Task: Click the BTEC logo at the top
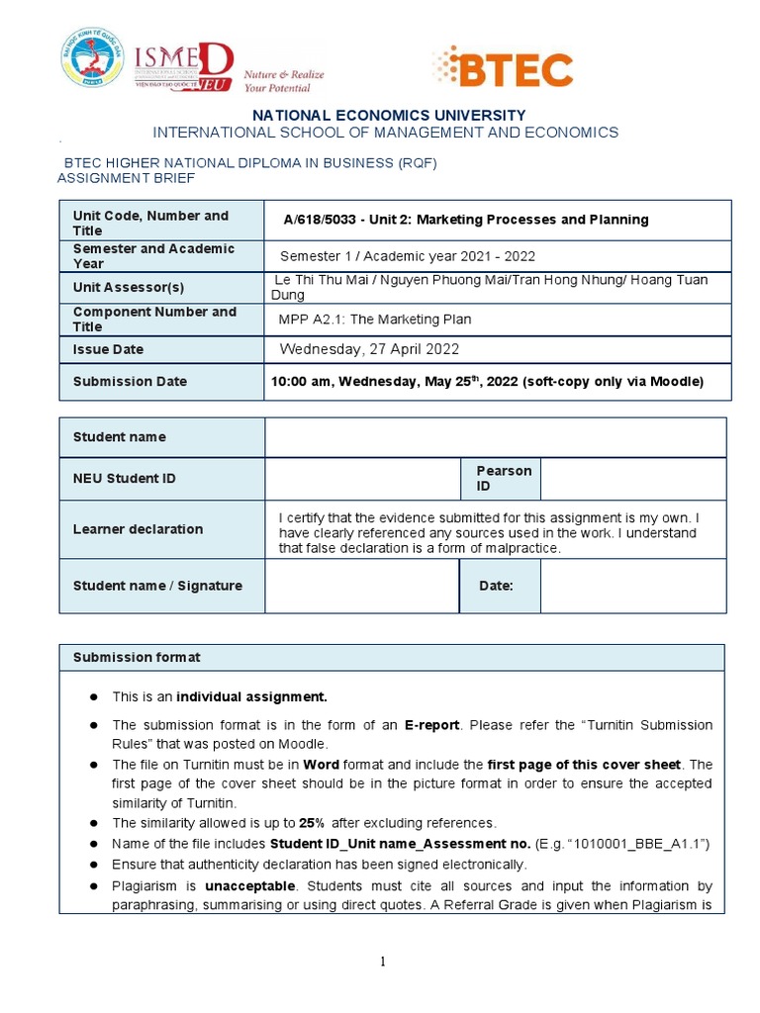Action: coord(503,67)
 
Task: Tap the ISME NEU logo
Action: coord(184,65)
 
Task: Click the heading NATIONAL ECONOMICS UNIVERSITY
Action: coord(389,115)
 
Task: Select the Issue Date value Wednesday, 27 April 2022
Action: coord(369,349)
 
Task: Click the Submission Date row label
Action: coord(130,381)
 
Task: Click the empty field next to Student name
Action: coord(495,437)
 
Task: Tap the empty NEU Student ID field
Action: coord(362,479)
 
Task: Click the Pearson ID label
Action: coord(504,478)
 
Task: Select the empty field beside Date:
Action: coord(632,586)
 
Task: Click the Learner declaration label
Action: coord(138,529)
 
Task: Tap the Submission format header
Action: coord(137,657)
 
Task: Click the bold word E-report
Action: coord(431,725)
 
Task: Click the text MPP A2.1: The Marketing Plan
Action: coord(375,319)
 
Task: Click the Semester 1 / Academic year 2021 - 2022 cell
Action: coord(407,256)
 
